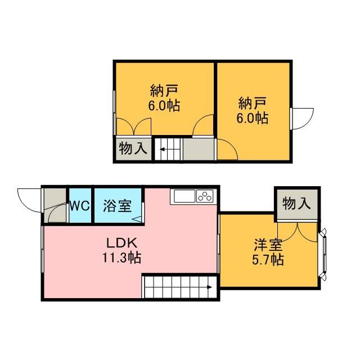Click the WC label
coord(79,206)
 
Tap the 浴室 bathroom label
coord(118,206)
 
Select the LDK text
coord(121,243)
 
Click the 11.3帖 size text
coord(121,258)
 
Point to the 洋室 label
coord(268,245)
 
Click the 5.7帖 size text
coord(268,260)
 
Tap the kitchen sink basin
coord(184,196)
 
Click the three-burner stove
coord(205,196)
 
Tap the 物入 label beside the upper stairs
coord(133,148)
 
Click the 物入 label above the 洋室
coord(296,204)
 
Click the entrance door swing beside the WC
coord(29,200)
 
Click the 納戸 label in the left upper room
coord(164,91)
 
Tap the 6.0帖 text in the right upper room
coord(253,118)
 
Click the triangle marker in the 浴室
coord(137,219)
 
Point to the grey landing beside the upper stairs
coord(199,149)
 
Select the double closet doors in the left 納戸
coord(134,127)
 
